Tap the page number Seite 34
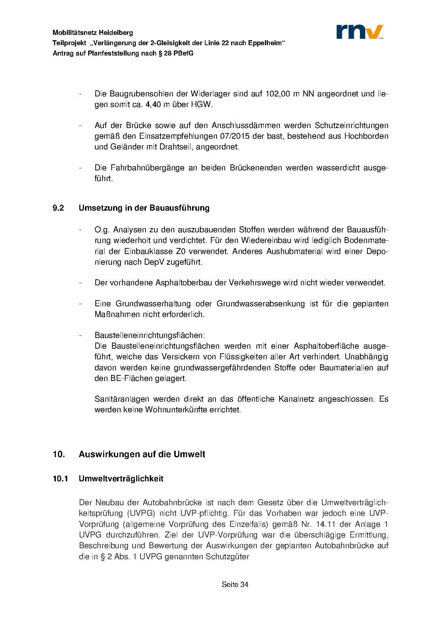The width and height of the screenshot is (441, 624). [235, 585]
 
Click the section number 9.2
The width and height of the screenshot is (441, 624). [58, 208]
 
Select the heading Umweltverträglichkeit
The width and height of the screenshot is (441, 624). [121, 479]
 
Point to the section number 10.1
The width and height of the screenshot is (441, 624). [60, 479]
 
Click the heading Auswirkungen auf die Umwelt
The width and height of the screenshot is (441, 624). [142, 454]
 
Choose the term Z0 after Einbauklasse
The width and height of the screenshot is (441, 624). [181, 252]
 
